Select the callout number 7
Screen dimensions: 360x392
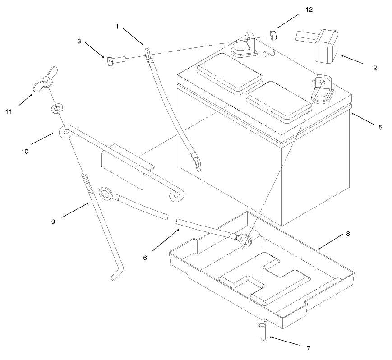(x=308, y=349)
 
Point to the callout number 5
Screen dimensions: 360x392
(x=380, y=128)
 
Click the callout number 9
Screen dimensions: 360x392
(x=53, y=222)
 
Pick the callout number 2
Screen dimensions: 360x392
(x=375, y=69)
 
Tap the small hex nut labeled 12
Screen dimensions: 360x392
(x=272, y=35)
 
